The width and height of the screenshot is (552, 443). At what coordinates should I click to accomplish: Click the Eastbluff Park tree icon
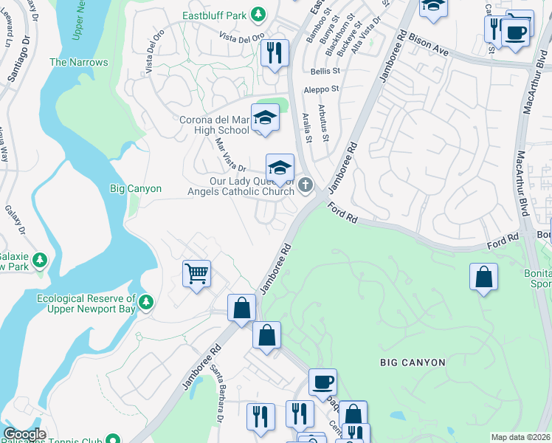click(x=258, y=14)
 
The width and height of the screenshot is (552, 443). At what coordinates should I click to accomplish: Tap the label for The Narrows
click(x=78, y=63)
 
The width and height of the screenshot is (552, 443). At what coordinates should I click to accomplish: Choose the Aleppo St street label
click(x=323, y=89)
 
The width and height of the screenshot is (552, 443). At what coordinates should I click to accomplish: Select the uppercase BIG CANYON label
click(x=413, y=363)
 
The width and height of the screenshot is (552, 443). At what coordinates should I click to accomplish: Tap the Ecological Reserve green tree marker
click(x=146, y=301)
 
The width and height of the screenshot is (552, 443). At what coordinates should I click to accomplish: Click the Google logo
click(x=24, y=434)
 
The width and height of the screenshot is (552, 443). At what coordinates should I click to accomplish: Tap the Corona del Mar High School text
click(x=214, y=125)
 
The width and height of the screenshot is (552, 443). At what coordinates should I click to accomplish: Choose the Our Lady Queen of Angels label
click(x=251, y=185)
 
